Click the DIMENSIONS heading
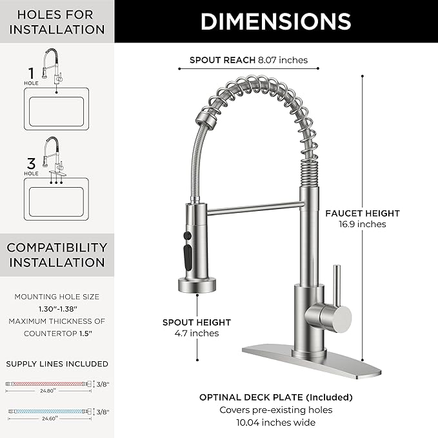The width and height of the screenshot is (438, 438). [275, 21]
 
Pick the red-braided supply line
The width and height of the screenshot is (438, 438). [48, 384]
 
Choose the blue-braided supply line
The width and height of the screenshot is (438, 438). [48, 410]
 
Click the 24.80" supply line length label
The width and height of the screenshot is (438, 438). [48, 391]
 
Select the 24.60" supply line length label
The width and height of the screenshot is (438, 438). [48, 418]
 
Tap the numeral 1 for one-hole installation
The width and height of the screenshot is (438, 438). [31, 73]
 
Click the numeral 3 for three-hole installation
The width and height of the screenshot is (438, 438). [31, 163]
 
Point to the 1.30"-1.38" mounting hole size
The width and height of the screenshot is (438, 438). [57, 309]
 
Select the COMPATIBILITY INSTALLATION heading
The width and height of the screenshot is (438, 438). [57, 255]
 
